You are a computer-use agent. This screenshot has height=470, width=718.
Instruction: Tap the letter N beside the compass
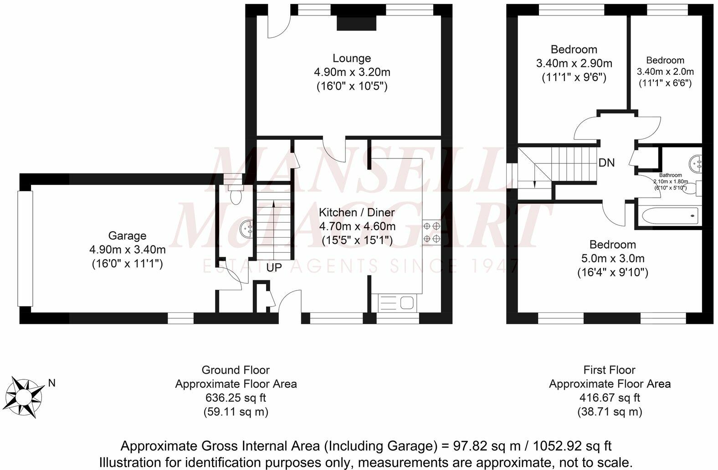point(51,383)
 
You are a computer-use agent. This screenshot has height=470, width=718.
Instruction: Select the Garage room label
point(127,236)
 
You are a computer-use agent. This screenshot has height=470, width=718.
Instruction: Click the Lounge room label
point(352,58)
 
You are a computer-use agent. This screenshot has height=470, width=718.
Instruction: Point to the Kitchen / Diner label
point(357,212)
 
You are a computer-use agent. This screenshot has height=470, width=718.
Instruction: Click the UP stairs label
point(274,267)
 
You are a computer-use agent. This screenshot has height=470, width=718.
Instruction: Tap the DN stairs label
point(607,163)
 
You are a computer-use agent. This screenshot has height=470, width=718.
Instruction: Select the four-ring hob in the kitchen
point(431,233)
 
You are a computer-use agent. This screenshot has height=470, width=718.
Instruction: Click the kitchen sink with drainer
point(397,303)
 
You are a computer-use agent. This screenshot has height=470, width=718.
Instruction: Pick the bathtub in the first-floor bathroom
point(670,216)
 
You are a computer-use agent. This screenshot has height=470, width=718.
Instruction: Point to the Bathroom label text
point(670,175)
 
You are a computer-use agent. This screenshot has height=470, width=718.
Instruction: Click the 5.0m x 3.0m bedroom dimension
point(613,258)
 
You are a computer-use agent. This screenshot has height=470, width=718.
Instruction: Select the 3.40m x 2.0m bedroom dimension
point(665,72)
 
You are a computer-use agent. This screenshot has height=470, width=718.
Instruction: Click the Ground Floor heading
point(236,370)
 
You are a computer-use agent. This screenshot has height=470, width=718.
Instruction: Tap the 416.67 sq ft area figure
point(610,398)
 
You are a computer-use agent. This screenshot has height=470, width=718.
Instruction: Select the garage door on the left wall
point(25,249)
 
